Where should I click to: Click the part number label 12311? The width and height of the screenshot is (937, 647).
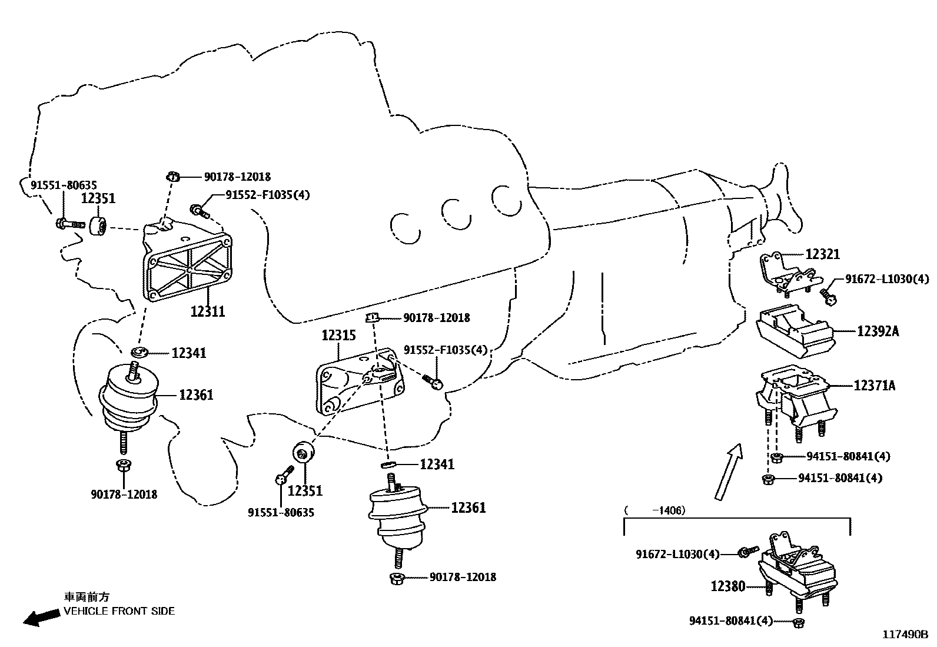(x=207, y=311)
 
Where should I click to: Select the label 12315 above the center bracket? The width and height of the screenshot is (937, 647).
(x=338, y=336)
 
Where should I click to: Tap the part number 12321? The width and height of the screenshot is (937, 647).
(x=822, y=254)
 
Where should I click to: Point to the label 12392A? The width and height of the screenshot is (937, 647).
(x=878, y=331)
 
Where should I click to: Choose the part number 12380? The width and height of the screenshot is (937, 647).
(x=728, y=586)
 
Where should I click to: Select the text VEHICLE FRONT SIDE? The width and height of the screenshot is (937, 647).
(x=119, y=611)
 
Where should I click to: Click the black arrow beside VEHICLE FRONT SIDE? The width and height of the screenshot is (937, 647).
(x=41, y=617)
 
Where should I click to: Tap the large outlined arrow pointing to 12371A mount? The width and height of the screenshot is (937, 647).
(x=729, y=471)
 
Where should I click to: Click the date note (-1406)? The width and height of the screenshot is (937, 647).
(x=654, y=510)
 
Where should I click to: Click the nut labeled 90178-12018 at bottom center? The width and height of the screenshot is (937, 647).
(x=396, y=578)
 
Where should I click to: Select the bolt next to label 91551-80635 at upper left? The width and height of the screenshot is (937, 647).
(x=68, y=224)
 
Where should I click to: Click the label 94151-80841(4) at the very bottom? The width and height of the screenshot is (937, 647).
(x=730, y=621)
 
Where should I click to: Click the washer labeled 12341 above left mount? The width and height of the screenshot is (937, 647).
(x=139, y=353)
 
